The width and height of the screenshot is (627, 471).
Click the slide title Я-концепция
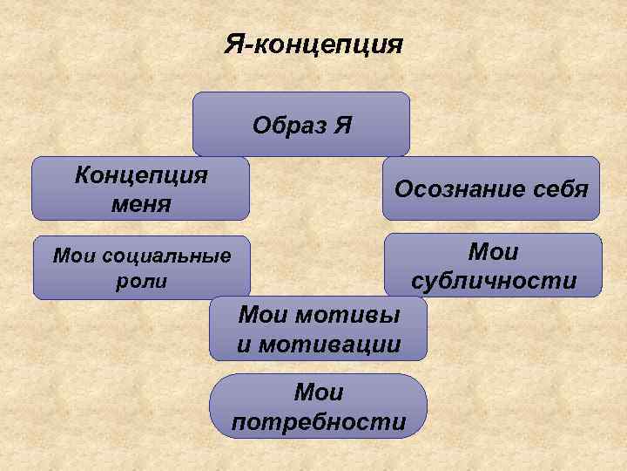(x=313, y=43)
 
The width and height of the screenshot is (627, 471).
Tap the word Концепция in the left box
(x=141, y=174)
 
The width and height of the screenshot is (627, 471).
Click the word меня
(x=141, y=204)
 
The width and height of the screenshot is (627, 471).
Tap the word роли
(x=141, y=283)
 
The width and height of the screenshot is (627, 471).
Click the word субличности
(x=493, y=282)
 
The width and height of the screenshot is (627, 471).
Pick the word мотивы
(x=355, y=313)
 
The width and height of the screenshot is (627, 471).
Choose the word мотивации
(x=331, y=344)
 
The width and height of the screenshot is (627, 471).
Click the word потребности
(x=319, y=423)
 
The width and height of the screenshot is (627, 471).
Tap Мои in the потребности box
(x=319, y=393)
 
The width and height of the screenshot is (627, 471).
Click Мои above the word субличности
(x=493, y=252)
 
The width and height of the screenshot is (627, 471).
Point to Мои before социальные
(x=75, y=256)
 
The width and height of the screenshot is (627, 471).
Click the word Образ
(x=287, y=125)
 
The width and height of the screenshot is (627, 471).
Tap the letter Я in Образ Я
(x=342, y=125)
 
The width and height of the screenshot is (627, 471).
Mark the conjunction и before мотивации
(x=244, y=344)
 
